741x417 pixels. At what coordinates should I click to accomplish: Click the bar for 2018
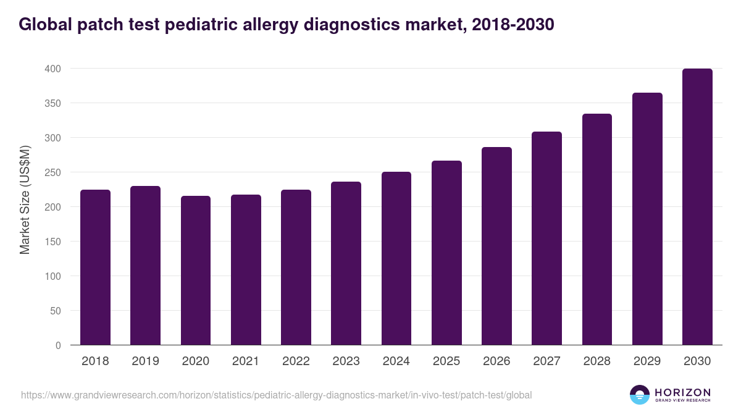(95, 267)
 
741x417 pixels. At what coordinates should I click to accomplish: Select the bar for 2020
(196, 270)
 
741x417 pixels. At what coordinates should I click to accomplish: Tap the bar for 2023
(346, 263)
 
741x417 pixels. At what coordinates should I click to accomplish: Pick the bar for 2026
(496, 246)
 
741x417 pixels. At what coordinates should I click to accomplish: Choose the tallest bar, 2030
(697, 207)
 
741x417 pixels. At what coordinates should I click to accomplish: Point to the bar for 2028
(597, 229)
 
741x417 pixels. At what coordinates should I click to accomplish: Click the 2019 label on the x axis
(146, 361)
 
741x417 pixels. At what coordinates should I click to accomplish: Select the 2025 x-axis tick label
(446, 361)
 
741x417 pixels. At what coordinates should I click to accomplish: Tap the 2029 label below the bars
(647, 361)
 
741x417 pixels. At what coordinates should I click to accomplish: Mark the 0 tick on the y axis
(58, 345)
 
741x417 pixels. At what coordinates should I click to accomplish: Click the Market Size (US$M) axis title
(25, 200)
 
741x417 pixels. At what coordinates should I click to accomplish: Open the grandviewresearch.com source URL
(276, 395)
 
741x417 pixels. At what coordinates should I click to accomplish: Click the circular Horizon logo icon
(639, 395)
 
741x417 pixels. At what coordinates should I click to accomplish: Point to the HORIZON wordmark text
(682, 392)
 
